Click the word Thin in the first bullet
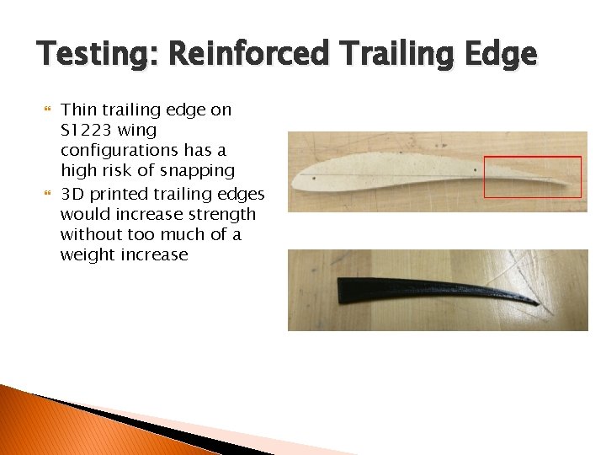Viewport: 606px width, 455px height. [x=79, y=110]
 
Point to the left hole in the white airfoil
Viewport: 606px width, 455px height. [x=314, y=178]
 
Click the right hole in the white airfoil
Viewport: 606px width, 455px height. [x=476, y=170]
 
